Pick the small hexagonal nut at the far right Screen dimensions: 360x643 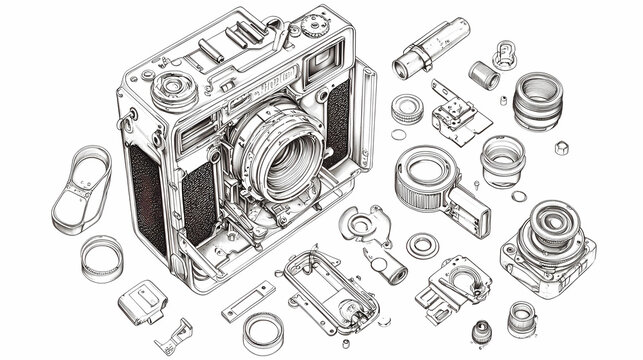561,147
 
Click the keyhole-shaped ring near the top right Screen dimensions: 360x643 505,54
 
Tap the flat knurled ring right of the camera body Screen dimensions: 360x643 406,107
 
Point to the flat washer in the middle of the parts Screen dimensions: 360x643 422,244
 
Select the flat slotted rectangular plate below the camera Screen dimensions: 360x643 247,300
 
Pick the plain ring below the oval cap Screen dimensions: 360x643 102,257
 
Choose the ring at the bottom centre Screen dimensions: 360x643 263,333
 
